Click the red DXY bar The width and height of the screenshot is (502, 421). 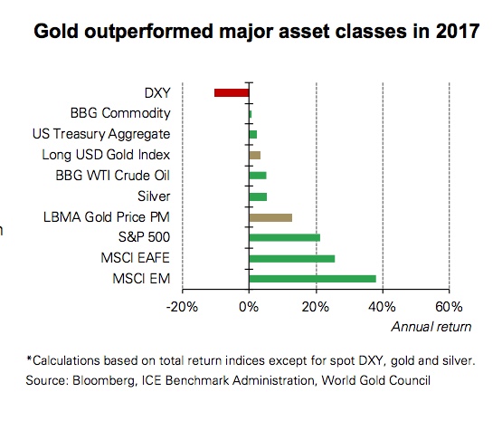pyautogui.click(x=231, y=92)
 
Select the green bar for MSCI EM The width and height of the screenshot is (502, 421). pyautogui.click(x=312, y=278)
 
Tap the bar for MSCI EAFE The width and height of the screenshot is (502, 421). pyautogui.click(x=291, y=258)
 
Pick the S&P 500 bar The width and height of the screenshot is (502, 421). pyautogui.click(x=284, y=237)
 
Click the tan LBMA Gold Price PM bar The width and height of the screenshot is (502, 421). pyautogui.click(x=270, y=216)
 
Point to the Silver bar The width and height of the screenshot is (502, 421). pyautogui.click(x=258, y=196)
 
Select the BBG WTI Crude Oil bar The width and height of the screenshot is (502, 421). pyautogui.click(x=258, y=176)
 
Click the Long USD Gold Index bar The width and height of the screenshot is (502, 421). pyautogui.click(x=254, y=155)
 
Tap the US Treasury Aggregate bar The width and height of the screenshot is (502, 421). pyautogui.click(x=252, y=134)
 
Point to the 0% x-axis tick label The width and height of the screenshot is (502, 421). pyautogui.click(x=249, y=306)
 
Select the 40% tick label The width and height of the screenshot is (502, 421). pyautogui.click(x=383, y=306)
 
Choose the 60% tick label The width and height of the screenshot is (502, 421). pyautogui.click(x=450, y=306)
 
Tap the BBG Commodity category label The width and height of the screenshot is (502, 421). pyautogui.click(x=120, y=113)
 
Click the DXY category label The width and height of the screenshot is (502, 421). pyautogui.click(x=157, y=92)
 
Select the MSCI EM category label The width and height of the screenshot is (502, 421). pyautogui.click(x=144, y=278)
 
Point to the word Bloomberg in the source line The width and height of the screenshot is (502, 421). pyautogui.click(x=101, y=379)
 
